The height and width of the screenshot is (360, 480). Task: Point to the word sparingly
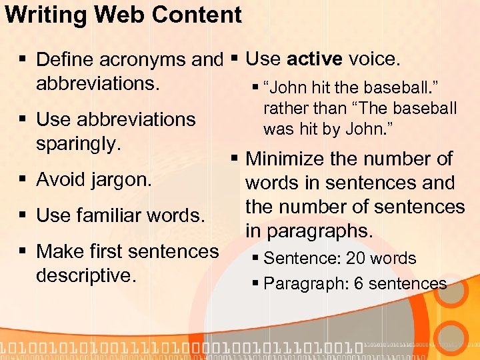(79, 143)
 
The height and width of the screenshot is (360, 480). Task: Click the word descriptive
(86, 275)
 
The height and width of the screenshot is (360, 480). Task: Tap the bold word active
(314, 59)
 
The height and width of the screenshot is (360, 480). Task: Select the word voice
(373, 59)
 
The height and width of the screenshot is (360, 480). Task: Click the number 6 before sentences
(359, 283)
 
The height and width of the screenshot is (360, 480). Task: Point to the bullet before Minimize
(234, 159)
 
